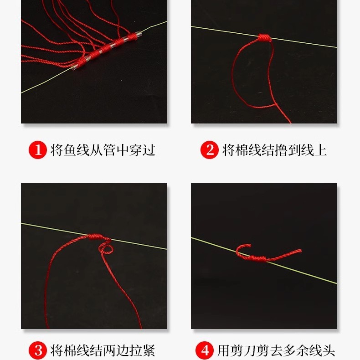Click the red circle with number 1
point(38,149)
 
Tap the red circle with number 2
point(210,149)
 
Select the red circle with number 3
point(38,350)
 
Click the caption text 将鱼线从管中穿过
point(103,149)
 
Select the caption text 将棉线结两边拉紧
point(103,350)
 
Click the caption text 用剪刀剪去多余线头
point(276,350)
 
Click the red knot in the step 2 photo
point(264,37)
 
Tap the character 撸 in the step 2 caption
point(280,149)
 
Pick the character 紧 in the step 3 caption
point(149,350)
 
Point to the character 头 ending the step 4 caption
point(328,350)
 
